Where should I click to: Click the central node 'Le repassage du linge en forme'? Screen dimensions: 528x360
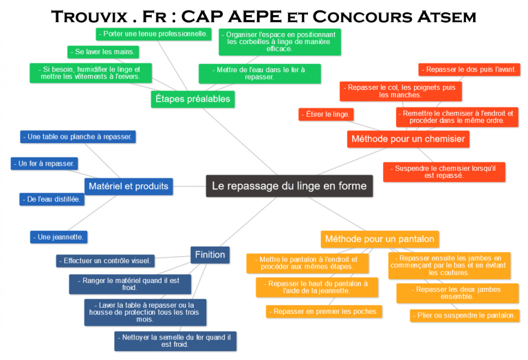click(x=289, y=185)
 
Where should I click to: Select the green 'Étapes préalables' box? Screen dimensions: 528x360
click(x=192, y=99)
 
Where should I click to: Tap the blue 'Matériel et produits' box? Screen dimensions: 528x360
click(x=129, y=186)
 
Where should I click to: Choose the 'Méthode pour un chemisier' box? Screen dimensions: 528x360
click(x=408, y=139)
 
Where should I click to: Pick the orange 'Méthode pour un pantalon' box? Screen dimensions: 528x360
click(x=379, y=239)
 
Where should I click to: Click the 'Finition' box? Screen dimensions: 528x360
click(x=210, y=255)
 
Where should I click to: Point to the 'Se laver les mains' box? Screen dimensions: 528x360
click(x=103, y=52)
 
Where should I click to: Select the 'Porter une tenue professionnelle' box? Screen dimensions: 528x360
click(x=153, y=34)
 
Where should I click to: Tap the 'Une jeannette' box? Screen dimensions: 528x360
click(x=59, y=237)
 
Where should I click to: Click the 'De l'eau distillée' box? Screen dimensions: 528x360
click(x=52, y=199)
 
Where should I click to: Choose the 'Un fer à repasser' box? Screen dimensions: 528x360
click(x=45, y=164)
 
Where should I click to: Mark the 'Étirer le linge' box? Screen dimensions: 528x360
click(x=326, y=115)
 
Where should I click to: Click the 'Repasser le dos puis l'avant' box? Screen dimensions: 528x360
click(x=470, y=69)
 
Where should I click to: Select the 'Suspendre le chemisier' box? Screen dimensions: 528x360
click(x=444, y=172)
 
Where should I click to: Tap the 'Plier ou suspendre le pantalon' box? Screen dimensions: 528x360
click(x=465, y=315)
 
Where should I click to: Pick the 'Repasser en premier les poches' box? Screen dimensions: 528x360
click(x=324, y=311)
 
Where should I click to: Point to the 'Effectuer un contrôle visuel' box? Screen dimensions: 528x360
click(x=105, y=261)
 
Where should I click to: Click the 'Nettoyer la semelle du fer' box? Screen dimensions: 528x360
click(x=175, y=341)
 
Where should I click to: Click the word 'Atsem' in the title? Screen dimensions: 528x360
click(x=447, y=16)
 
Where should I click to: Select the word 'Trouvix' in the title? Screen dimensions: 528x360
click(x=89, y=16)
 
